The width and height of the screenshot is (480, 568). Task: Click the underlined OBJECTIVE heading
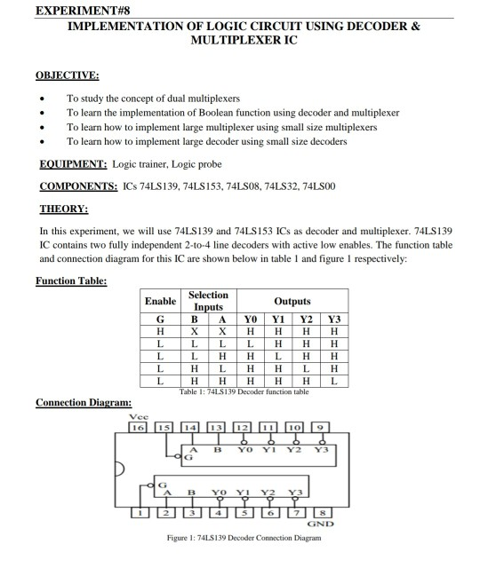[x=68, y=76]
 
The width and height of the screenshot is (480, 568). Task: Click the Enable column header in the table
[x=161, y=302]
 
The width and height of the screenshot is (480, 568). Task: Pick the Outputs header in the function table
[x=291, y=302]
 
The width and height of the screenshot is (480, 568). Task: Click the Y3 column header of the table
[x=334, y=319]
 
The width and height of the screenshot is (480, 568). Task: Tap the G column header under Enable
[x=161, y=319]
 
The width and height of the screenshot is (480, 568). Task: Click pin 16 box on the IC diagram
[x=138, y=429]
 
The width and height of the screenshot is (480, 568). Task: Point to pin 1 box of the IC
[x=138, y=512]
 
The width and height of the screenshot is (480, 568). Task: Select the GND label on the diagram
[x=320, y=525]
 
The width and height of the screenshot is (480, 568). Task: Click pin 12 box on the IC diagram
[x=242, y=429]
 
